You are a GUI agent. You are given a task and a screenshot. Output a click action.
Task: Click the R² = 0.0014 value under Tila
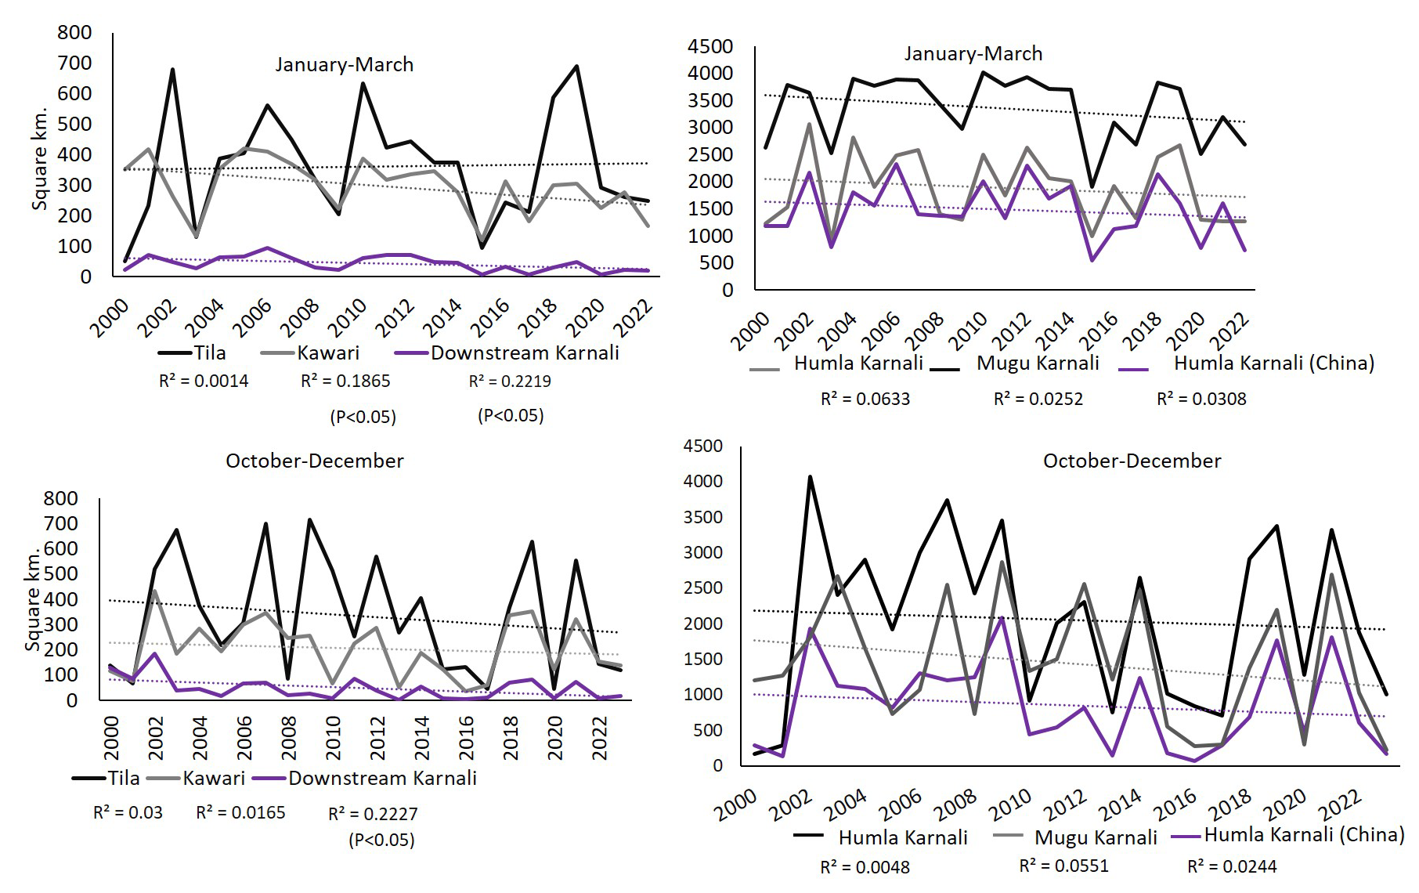point(204,381)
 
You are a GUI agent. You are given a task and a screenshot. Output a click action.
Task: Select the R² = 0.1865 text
point(345,381)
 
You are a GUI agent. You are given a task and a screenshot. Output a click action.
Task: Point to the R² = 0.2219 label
point(510,381)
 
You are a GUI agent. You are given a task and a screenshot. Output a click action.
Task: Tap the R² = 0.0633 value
point(865,399)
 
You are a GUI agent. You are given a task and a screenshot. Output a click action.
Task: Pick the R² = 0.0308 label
point(1201,399)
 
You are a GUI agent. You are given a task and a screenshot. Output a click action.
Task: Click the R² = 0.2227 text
point(373,814)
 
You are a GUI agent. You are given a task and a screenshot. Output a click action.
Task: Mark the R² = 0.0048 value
point(865,867)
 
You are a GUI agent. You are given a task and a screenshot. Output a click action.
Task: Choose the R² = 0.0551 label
point(1063,865)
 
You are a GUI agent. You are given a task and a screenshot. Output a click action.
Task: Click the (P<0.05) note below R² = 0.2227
point(381,841)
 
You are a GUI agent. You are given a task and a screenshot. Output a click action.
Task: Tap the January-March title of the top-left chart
point(344,64)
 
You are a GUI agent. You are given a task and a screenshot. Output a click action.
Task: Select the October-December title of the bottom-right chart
point(1132,461)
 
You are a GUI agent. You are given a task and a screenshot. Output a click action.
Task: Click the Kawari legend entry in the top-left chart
point(327,352)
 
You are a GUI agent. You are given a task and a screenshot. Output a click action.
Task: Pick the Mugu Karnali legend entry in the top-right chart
point(1038,363)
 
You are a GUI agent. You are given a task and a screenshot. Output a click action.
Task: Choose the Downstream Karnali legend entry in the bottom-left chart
point(382,778)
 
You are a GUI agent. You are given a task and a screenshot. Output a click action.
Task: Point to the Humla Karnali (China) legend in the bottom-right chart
point(1304,834)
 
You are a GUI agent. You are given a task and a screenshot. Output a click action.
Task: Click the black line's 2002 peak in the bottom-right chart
point(810,476)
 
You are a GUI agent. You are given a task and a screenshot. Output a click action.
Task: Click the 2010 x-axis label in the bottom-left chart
point(334,738)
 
